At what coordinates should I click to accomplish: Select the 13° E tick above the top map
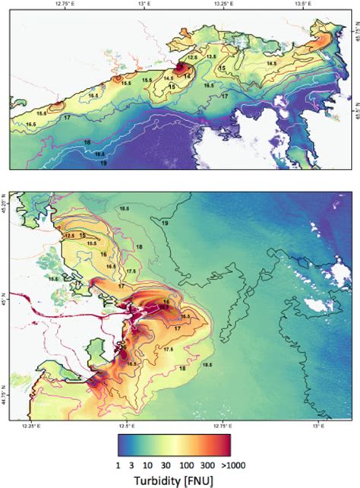143,4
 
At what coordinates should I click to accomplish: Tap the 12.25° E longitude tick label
31,427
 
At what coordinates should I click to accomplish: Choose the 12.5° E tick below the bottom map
126,427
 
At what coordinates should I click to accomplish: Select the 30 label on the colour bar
163,465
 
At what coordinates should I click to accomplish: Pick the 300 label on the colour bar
207,465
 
